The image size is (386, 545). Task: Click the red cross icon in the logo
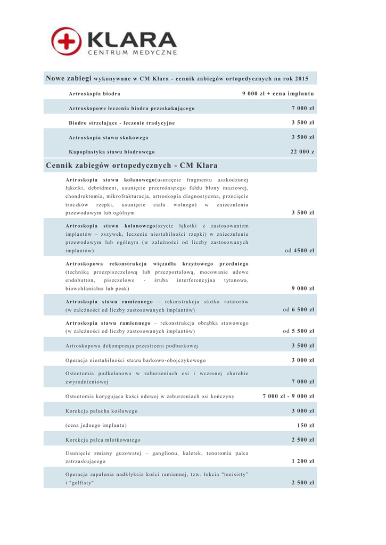67,41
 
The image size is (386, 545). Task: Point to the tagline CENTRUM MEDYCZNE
132,54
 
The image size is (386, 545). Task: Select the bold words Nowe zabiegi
69,78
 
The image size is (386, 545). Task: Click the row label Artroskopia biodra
94,94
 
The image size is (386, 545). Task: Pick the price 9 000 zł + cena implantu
278,94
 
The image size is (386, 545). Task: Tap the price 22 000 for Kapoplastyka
302,152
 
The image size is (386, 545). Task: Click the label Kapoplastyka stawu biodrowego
111,152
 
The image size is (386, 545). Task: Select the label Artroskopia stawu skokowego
108,137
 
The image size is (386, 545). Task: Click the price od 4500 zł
299,250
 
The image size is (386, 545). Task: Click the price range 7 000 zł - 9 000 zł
289,396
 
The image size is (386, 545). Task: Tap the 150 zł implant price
306,425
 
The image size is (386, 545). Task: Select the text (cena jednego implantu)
96,425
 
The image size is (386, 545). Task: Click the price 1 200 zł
303,461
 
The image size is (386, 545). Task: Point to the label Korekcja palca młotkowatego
103,440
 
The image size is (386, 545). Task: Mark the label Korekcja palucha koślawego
101,411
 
